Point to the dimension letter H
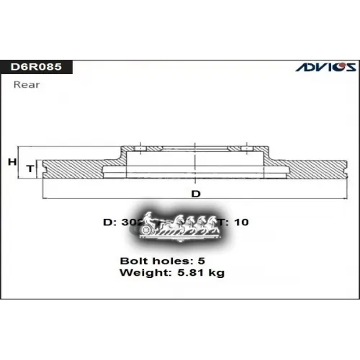pos(12,163)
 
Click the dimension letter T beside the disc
pos(30,168)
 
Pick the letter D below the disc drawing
pos(194,194)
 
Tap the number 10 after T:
pos(242,222)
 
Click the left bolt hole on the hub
pos(140,148)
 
